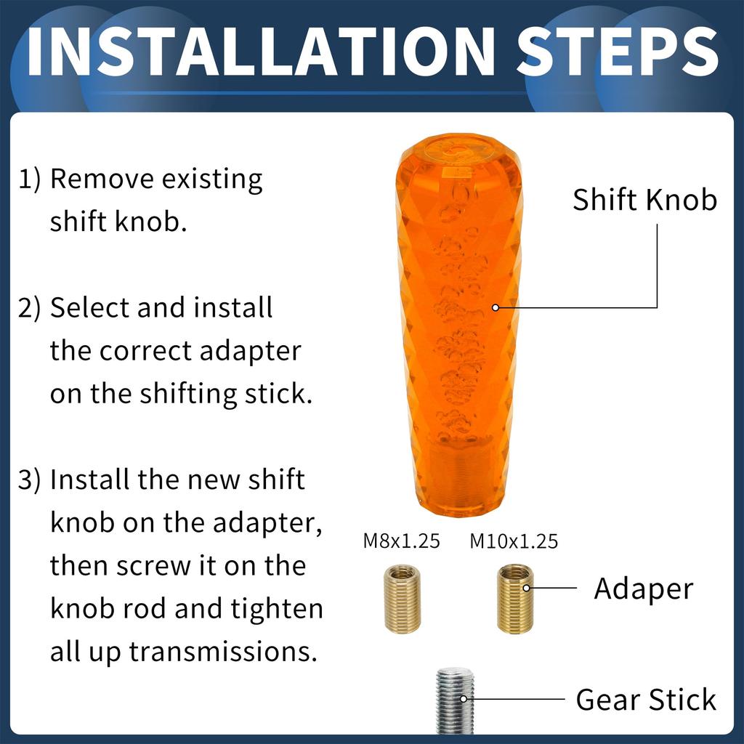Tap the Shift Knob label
pos(644,199)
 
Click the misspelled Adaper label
pos(643,589)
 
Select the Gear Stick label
pos(645,700)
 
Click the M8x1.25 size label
pos(401,542)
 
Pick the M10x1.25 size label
pos(514,542)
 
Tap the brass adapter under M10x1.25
pos(514,599)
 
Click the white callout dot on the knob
pos(496,307)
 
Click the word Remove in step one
pos(101,179)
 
